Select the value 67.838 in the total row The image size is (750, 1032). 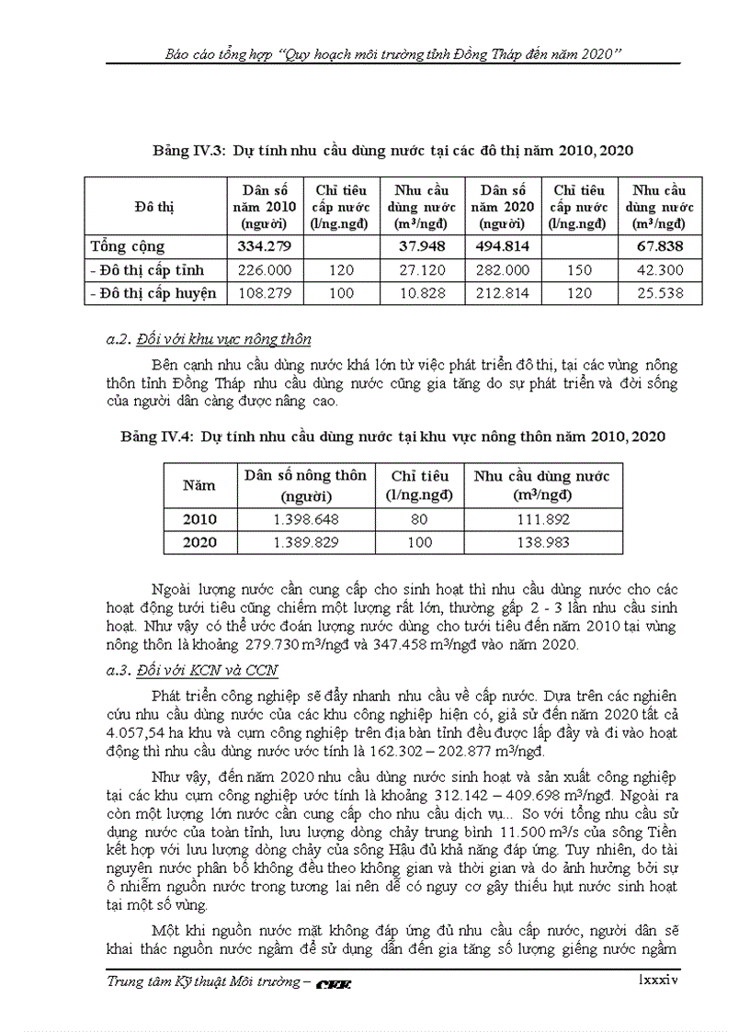[x=659, y=246]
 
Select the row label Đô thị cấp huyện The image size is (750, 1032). [x=153, y=293]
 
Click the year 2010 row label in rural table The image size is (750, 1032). [x=199, y=519]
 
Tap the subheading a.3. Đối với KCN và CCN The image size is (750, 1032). [x=192, y=671]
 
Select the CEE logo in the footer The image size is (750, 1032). [x=334, y=984]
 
